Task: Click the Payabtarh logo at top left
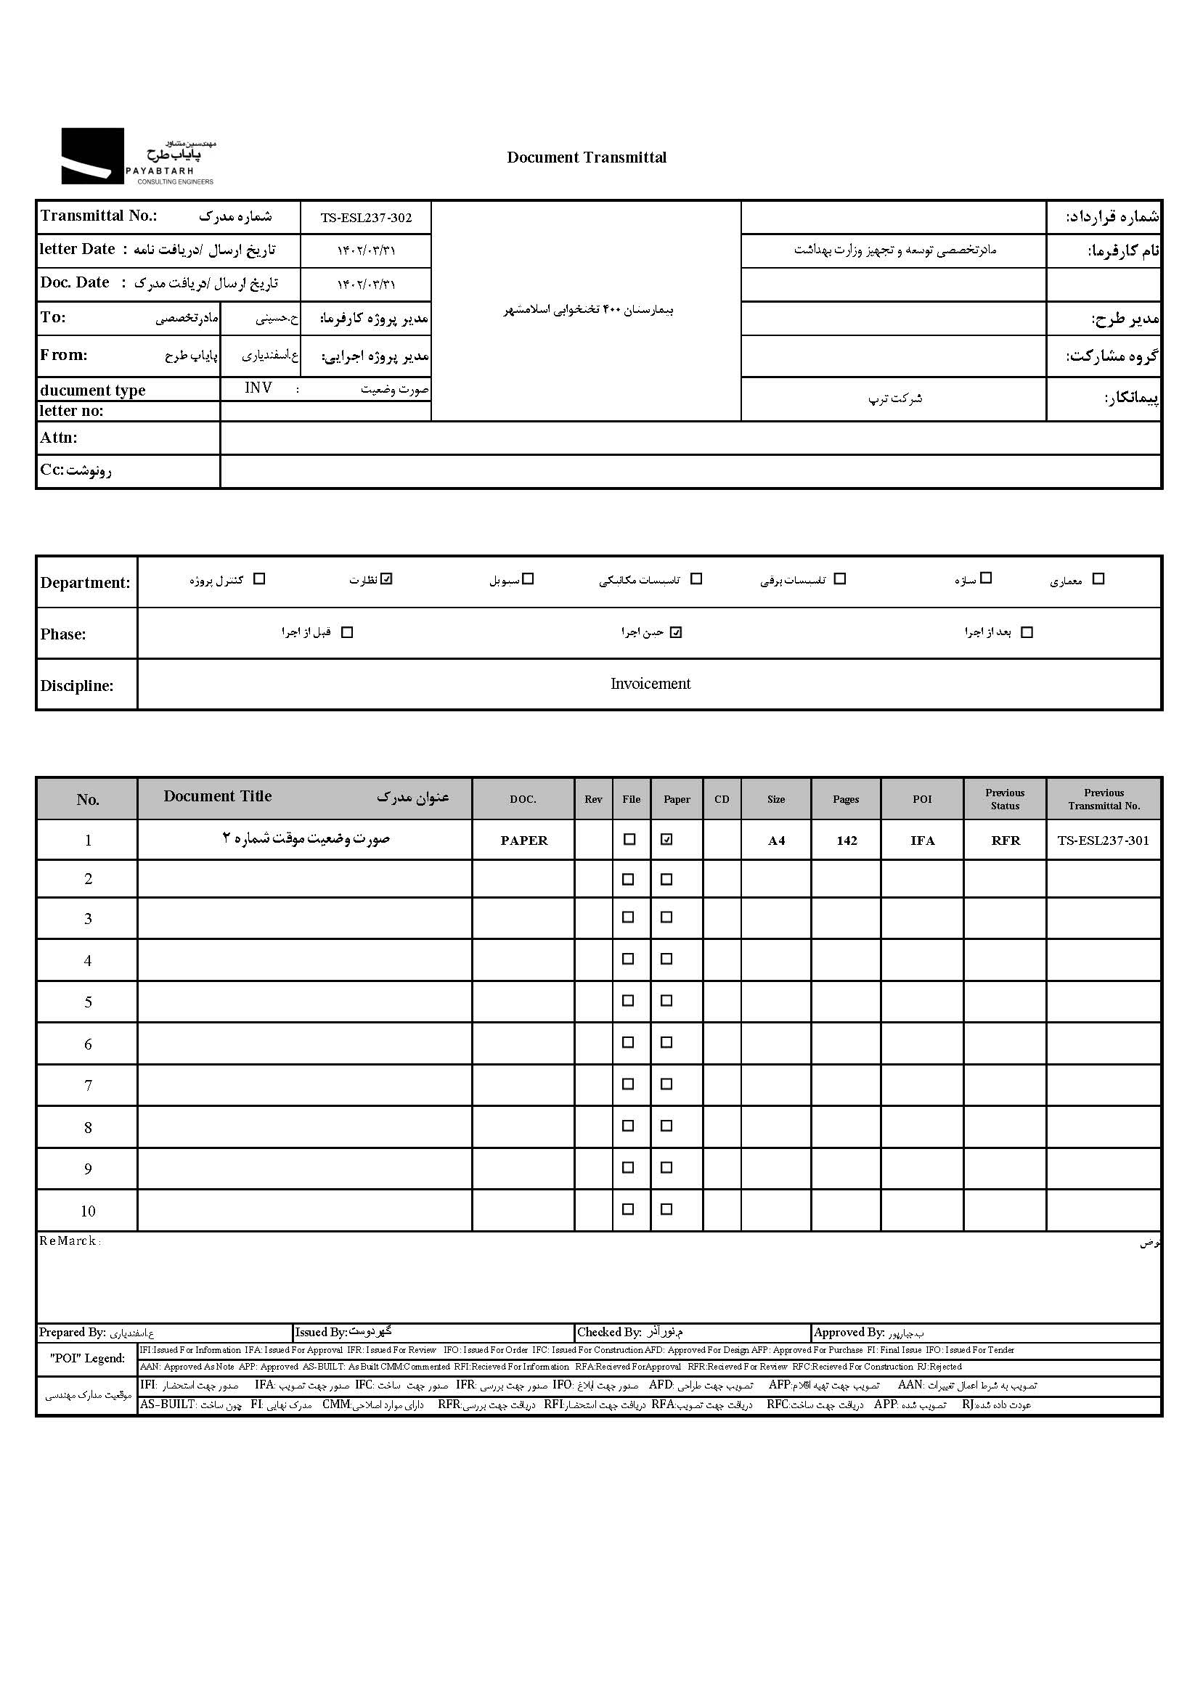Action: pos(138,156)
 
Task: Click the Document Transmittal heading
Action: pos(587,158)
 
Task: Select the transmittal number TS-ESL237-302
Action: pos(366,218)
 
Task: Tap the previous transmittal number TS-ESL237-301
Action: pos(1103,840)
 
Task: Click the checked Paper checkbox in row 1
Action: pos(666,839)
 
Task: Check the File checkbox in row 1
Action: pos(629,839)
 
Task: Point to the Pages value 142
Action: pos(847,841)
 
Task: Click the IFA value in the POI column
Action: pos(922,841)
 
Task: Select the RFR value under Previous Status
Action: pos(1006,841)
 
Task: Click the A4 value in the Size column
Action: pos(776,841)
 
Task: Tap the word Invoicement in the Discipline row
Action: pos(650,684)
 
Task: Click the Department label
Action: pos(85,583)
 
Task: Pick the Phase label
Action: pos(63,634)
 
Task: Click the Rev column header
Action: pos(593,800)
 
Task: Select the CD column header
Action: pos(722,800)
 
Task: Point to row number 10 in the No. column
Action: pos(88,1211)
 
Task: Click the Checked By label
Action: pos(608,1332)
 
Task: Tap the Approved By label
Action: pos(849,1332)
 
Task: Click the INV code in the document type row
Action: pos(258,388)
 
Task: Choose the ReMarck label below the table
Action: pos(68,1241)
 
